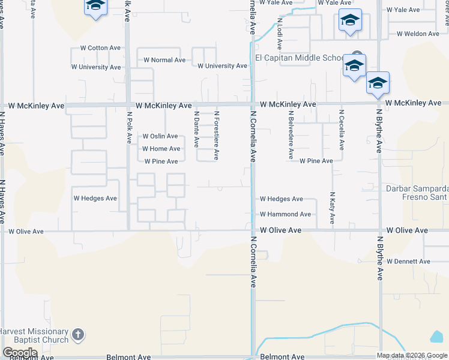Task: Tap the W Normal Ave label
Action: click(164, 60)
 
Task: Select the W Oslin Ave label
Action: click(160, 136)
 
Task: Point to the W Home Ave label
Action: click(161, 149)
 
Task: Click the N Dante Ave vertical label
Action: click(196, 129)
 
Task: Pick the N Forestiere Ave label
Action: click(216, 135)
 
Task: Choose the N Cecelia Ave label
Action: click(341, 130)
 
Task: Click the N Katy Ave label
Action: click(331, 209)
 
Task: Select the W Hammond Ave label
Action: click(285, 214)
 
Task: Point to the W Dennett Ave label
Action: click(408, 262)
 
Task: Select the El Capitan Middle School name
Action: click(298, 58)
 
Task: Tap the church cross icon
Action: click(77, 335)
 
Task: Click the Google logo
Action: click(20, 353)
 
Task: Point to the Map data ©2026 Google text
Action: click(412, 355)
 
